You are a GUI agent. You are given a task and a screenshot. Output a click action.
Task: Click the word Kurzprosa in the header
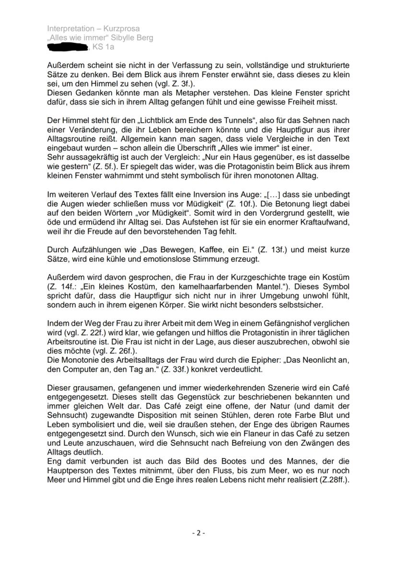pos(122,29)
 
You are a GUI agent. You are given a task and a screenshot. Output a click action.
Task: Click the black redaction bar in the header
pos(68,47)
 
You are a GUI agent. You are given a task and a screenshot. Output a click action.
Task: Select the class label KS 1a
pos(104,47)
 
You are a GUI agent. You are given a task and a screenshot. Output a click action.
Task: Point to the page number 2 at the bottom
pos(198,532)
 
